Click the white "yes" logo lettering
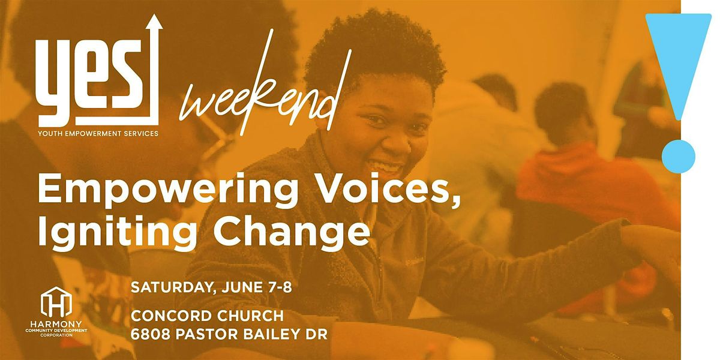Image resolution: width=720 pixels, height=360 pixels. pyautogui.click(x=90, y=84)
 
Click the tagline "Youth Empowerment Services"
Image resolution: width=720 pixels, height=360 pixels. pyautogui.click(x=98, y=133)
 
